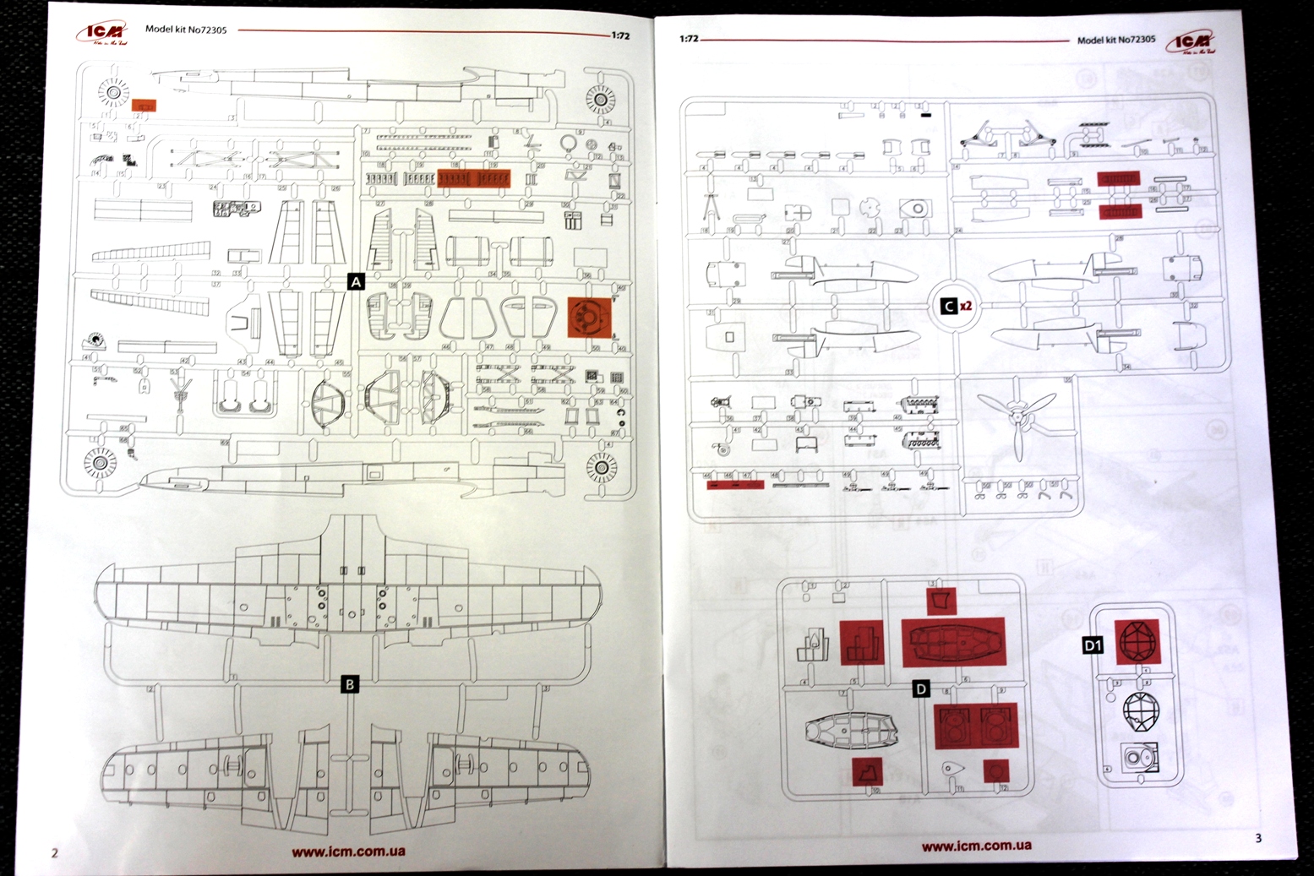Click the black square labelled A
pos(356,281)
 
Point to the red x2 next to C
pos(967,306)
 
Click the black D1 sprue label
pos(1093,645)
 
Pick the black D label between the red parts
pos(921,689)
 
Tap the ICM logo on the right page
pos(1191,43)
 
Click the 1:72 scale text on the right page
pos(689,39)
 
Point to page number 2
pos(55,852)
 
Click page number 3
pos(1258,838)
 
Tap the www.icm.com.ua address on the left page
pos(348,851)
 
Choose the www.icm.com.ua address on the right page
pos(976,845)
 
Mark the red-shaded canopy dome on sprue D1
pos(1137,641)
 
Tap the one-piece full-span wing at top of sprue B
pos(348,583)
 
